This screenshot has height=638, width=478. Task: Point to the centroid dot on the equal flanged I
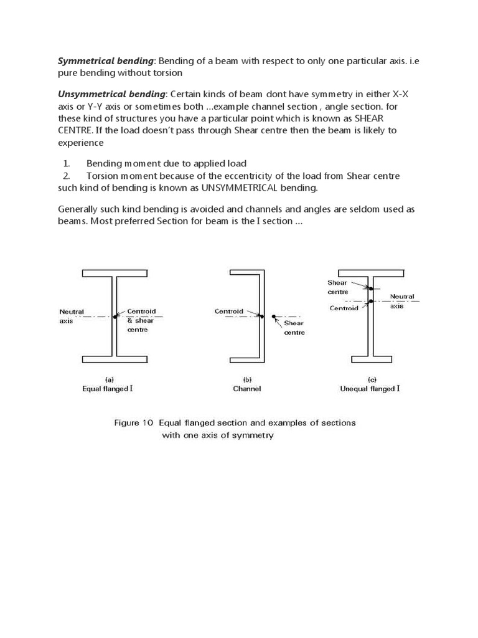coord(115,317)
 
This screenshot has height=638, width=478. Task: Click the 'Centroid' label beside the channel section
coord(228,311)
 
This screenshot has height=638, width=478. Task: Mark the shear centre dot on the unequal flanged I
coord(370,288)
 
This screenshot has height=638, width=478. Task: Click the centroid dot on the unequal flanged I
coord(370,302)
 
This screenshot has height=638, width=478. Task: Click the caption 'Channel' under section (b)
coord(247,389)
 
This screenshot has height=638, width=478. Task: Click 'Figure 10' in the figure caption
coord(133,422)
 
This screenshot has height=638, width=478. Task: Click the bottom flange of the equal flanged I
coord(115,359)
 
